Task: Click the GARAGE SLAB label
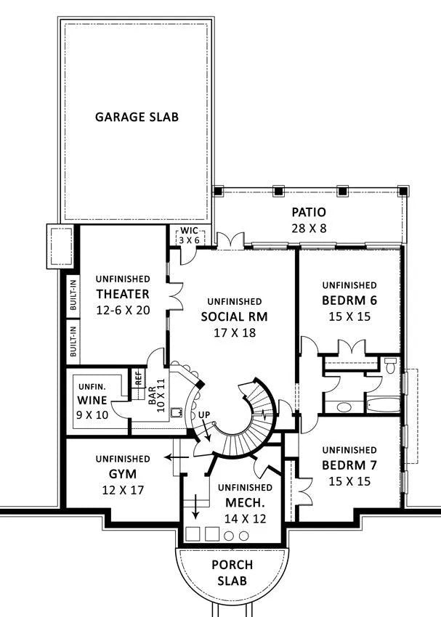(x=137, y=117)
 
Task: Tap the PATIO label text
(x=309, y=212)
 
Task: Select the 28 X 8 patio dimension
(x=309, y=228)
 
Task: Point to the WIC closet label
(x=190, y=231)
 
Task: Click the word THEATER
(x=123, y=294)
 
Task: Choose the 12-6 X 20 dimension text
(x=124, y=310)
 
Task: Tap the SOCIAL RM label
(x=234, y=316)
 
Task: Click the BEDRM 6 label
(x=349, y=301)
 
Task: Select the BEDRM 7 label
(x=349, y=465)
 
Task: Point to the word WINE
(x=92, y=400)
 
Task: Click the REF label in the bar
(x=139, y=378)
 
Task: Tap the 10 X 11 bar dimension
(x=161, y=395)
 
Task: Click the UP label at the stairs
(x=204, y=414)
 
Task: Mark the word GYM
(x=123, y=474)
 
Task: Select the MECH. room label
(x=245, y=502)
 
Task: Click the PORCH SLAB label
(x=232, y=573)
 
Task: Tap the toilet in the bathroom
(x=390, y=366)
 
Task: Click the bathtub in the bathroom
(x=383, y=405)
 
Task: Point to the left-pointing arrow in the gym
(x=176, y=457)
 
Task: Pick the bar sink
(x=176, y=412)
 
